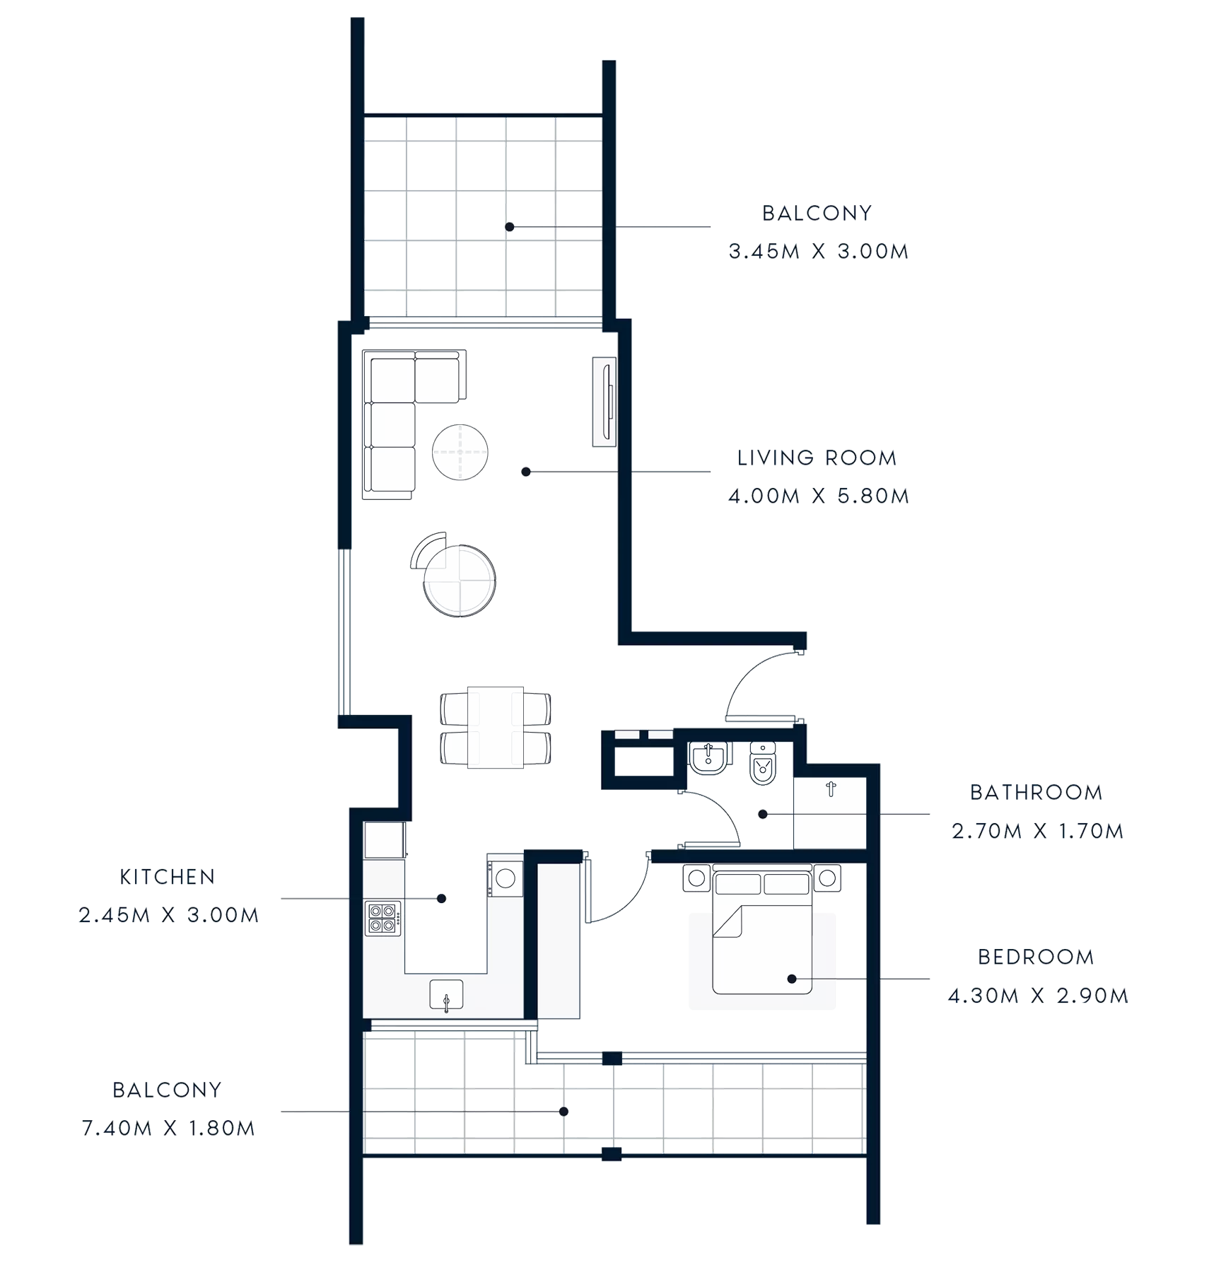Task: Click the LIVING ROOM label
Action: [817, 458]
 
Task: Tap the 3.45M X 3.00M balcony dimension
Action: [818, 252]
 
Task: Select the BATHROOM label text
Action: [1034, 793]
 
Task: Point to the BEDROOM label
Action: [1036, 957]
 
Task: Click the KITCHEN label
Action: [167, 878]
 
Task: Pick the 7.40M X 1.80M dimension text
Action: [167, 1129]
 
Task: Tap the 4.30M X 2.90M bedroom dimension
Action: [1037, 997]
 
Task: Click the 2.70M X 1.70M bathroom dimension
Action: [1037, 832]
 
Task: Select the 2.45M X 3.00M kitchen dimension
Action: [168, 916]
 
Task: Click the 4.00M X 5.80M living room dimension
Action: [818, 496]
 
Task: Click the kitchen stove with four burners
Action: [382, 918]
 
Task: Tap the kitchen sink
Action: [446, 994]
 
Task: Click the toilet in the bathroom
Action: [762, 764]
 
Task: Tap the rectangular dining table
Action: [495, 727]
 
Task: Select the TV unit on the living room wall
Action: [604, 402]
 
